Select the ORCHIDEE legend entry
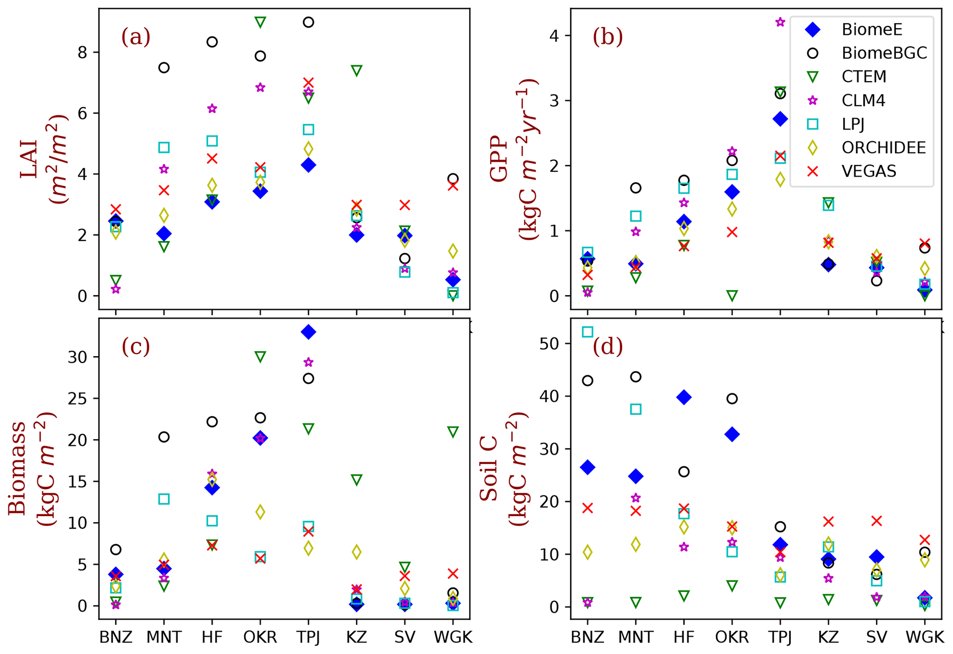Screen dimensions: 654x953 pos(883,147)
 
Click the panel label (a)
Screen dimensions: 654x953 pos(136,37)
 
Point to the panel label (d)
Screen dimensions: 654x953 pos(607,347)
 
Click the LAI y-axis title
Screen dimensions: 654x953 pos(44,159)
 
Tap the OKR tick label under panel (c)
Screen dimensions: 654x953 pos(260,637)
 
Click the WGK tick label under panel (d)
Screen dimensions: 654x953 pos(924,637)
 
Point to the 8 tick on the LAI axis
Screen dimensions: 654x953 pos(83,53)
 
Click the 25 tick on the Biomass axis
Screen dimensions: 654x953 pos(77,399)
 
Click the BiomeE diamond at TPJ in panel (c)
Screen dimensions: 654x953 pos(308,332)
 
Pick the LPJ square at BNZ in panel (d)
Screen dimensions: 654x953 pos(587,332)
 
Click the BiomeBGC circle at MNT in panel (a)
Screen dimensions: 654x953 pos(164,68)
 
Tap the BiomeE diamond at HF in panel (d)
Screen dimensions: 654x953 pos(684,397)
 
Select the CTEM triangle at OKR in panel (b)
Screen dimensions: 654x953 pos(732,295)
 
